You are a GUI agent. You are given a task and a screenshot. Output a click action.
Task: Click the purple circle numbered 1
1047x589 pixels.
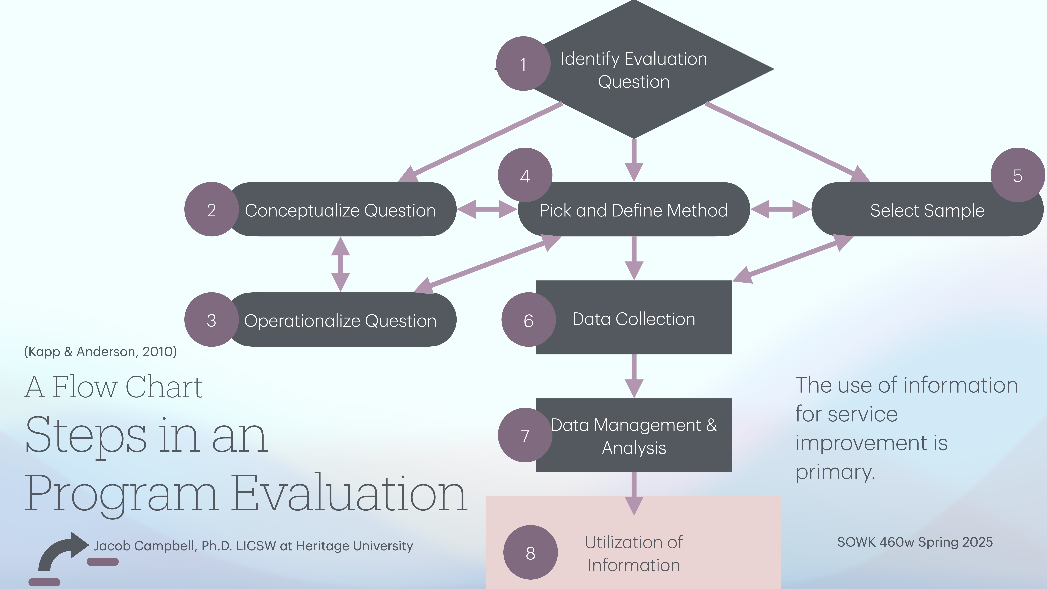click(x=523, y=64)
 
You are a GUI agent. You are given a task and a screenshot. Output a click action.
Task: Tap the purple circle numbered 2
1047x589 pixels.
click(x=211, y=209)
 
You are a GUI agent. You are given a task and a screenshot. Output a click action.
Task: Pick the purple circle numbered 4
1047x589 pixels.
click(x=525, y=175)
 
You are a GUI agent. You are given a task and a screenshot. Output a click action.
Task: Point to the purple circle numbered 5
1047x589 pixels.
click(x=1017, y=175)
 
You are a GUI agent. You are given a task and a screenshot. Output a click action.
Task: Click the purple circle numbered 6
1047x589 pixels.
click(x=528, y=320)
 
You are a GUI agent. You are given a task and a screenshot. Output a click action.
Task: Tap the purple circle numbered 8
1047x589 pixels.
click(x=530, y=552)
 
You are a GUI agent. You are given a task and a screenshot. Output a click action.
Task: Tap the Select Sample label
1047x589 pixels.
click(x=927, y=210)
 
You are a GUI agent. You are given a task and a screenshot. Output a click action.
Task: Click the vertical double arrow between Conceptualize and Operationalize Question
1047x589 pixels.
click(x=341, y=264)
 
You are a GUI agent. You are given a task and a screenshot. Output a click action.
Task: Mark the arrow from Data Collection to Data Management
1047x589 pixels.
click(x=634, y=376)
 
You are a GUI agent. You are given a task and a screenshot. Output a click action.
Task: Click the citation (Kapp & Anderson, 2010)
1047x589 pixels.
click(x=100, y=352)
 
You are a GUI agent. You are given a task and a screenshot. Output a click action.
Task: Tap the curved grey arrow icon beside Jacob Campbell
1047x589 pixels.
click(x=61, y=551)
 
